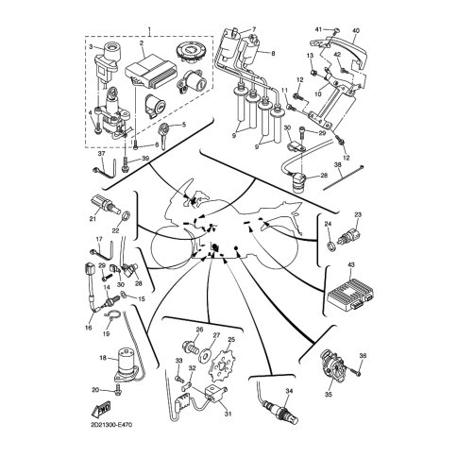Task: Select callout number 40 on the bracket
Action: (x=356, y=30)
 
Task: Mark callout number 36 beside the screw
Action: (x=364, y=355)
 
